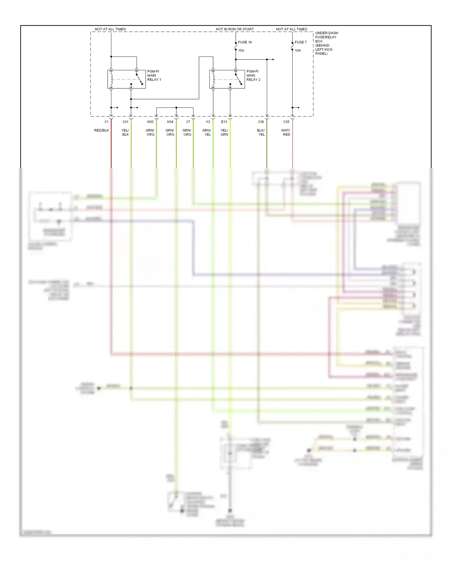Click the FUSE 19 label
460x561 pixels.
tap(245, 42)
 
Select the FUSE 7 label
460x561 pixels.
tap(301, 42)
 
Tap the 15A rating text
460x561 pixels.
tap(241, 51)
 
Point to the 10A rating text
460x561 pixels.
tap(298, 51)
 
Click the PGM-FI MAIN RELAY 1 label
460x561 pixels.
tap(154, 75)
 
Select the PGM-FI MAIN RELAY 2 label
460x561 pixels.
tap(253, 75)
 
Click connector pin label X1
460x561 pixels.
tap(106, 122)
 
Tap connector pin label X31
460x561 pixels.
tap(125, 122)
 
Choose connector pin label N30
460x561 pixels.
tap(150, 122)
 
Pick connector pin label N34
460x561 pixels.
tap(170, 122)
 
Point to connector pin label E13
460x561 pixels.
tap(224, 122)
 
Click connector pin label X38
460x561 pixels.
tap(261, 122)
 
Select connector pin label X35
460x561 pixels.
tap(286, 122)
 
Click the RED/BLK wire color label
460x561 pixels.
tap(102, 130)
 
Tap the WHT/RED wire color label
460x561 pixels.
tap(286, 133)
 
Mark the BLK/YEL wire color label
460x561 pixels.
tap(261, 133)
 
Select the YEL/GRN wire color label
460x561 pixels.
tap(224, 133)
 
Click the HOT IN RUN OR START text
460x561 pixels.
tap(235, 29)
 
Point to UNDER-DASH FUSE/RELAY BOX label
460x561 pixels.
tap(326, 43)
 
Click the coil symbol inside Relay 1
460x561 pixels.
tap(112, 79)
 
